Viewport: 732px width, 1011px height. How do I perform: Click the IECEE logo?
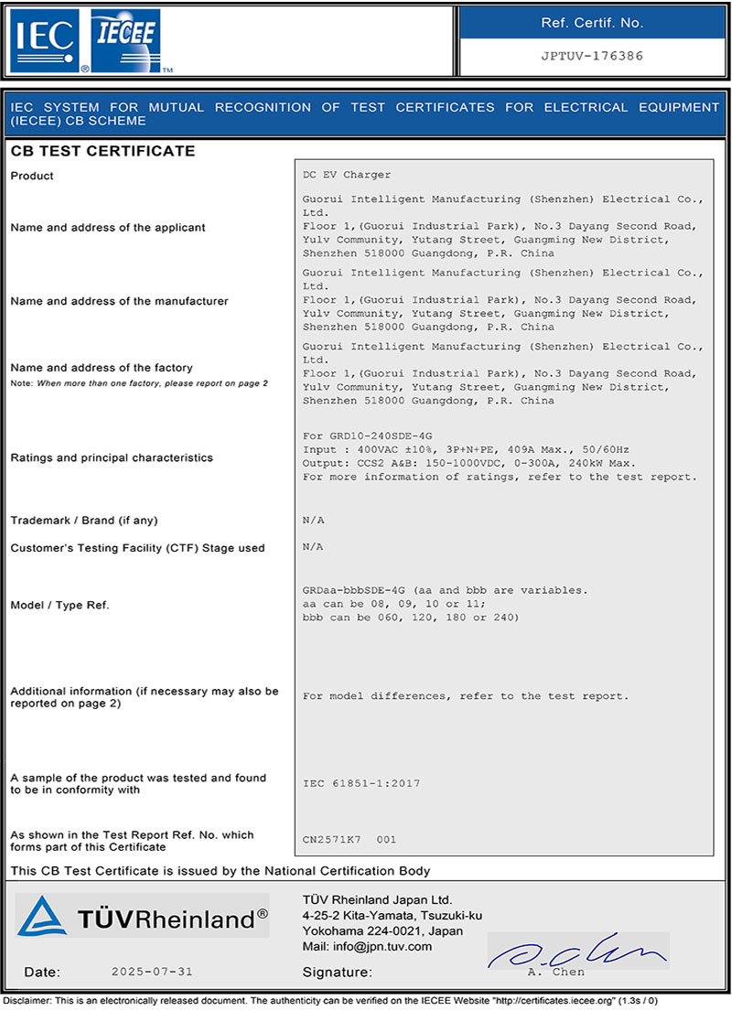(127, 40)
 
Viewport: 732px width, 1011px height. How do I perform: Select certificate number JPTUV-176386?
(592, 56)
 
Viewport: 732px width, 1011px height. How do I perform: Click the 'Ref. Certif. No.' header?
(592, 23)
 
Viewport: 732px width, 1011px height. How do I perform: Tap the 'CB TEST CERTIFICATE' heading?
(102, 151)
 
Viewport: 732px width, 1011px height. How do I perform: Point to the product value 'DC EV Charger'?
(347, 175)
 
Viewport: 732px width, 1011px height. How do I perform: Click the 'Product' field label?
(32, 176)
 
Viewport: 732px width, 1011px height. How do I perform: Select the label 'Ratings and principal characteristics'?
(112, 457)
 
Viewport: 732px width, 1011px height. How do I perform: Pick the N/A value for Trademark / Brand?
(313, 521)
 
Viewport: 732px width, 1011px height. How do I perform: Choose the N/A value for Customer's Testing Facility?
(313, 547)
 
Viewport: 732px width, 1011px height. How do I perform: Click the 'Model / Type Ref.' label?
(59, 605)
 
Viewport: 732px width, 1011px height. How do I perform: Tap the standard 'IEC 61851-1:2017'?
(361, 784)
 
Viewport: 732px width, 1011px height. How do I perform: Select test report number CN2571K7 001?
(350, 839)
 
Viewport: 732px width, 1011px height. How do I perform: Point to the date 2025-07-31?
(152, 972)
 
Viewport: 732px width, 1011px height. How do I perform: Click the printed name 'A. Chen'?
(555, 972)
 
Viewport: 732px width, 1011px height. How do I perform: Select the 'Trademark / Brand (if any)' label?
(84, 521)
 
